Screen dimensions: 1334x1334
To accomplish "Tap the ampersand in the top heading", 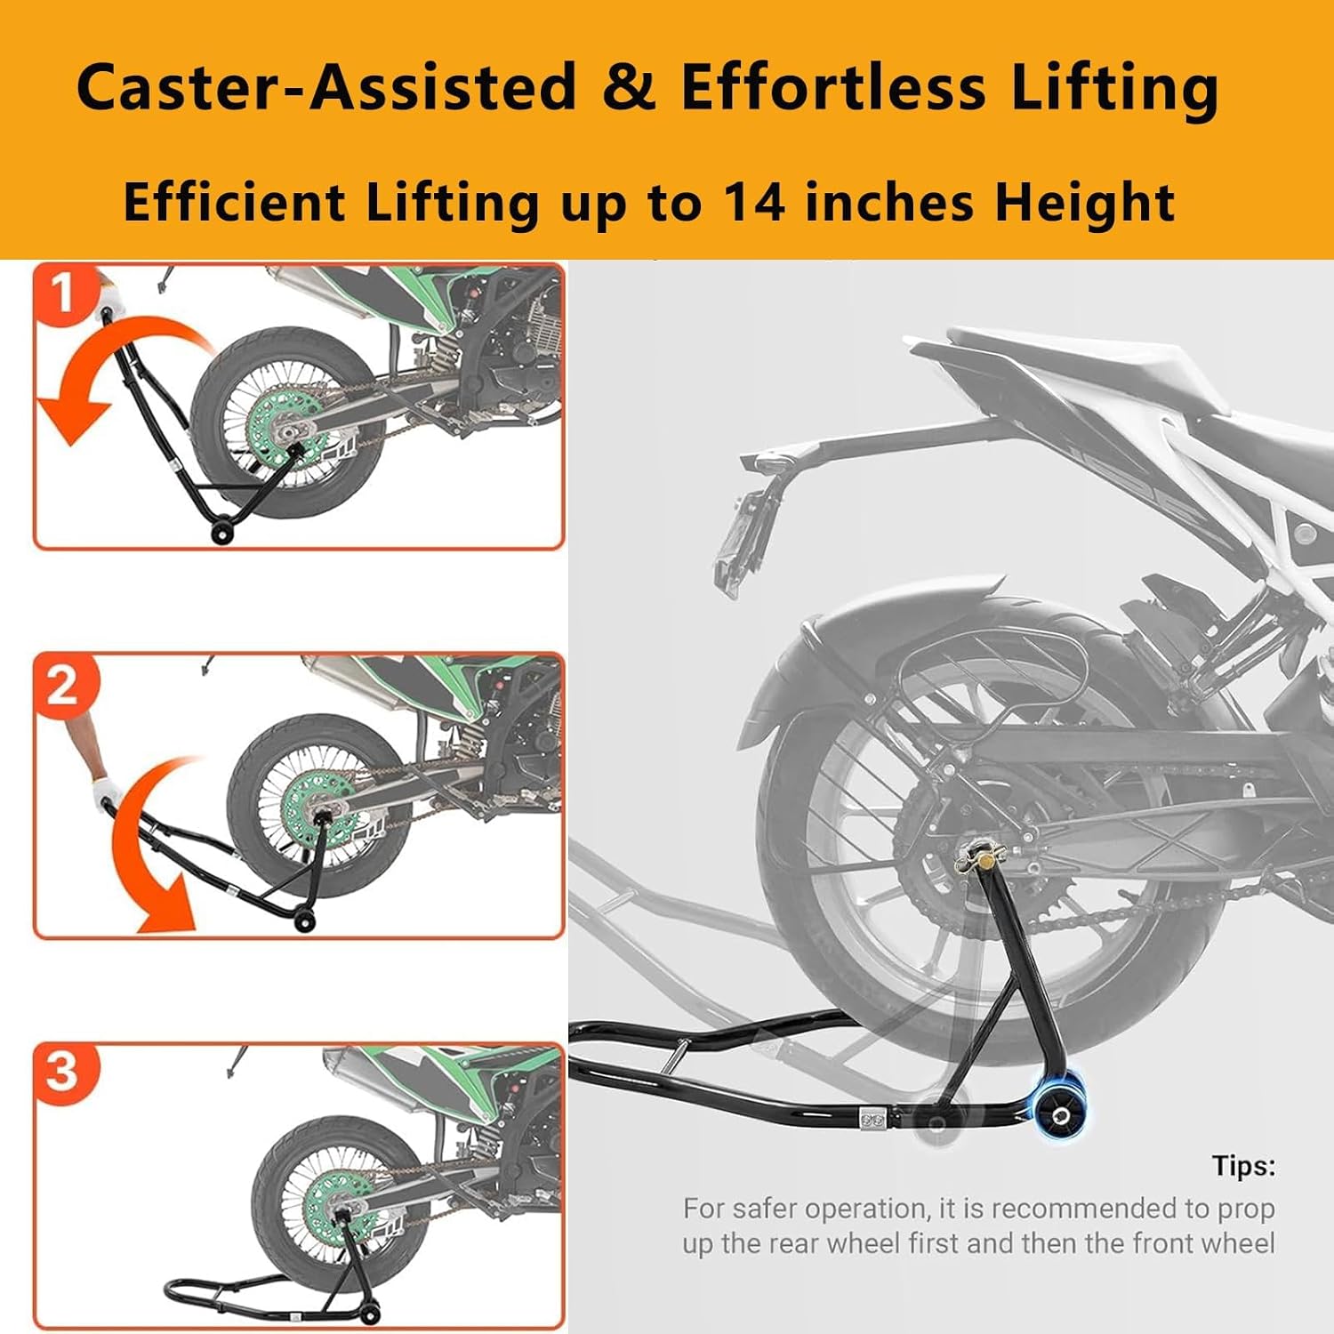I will [x=629, y=88].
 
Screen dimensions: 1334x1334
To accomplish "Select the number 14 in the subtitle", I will [x=752, y=202].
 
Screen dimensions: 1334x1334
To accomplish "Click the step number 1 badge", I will [x=63, y=293].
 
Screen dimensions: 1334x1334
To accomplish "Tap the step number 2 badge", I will [x=63, y=686].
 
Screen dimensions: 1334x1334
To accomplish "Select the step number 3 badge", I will [x=63, y=1072].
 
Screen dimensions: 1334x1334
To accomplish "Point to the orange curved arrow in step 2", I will [x=156, y=854].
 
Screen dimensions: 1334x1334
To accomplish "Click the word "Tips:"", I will [x=1242, y=1166].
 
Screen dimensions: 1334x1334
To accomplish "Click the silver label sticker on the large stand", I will [x=874, y=1116].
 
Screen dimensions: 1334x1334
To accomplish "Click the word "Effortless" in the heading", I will [x=833, y=88].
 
